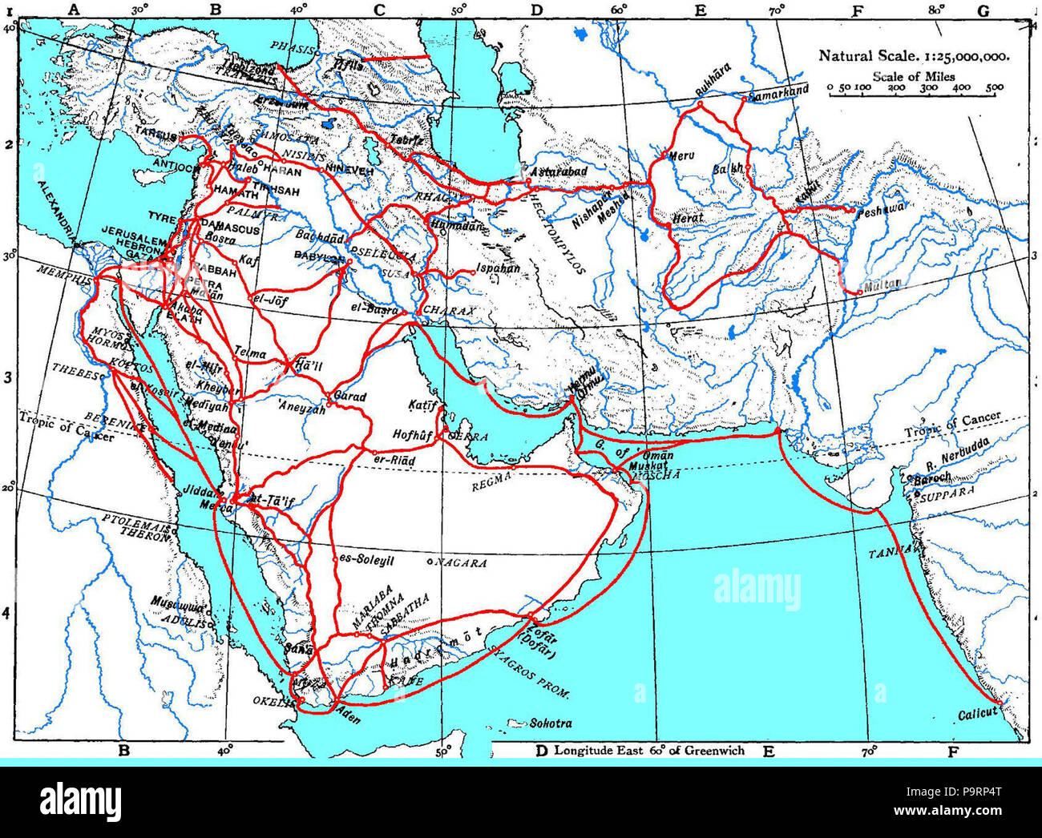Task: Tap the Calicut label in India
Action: click(x=977, y=712)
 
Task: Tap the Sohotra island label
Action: click(x=551, y=723)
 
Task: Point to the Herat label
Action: click(x=689, y=217)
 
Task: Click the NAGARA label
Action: click(x=462, y=563)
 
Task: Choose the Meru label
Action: click(x=681, y=155)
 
